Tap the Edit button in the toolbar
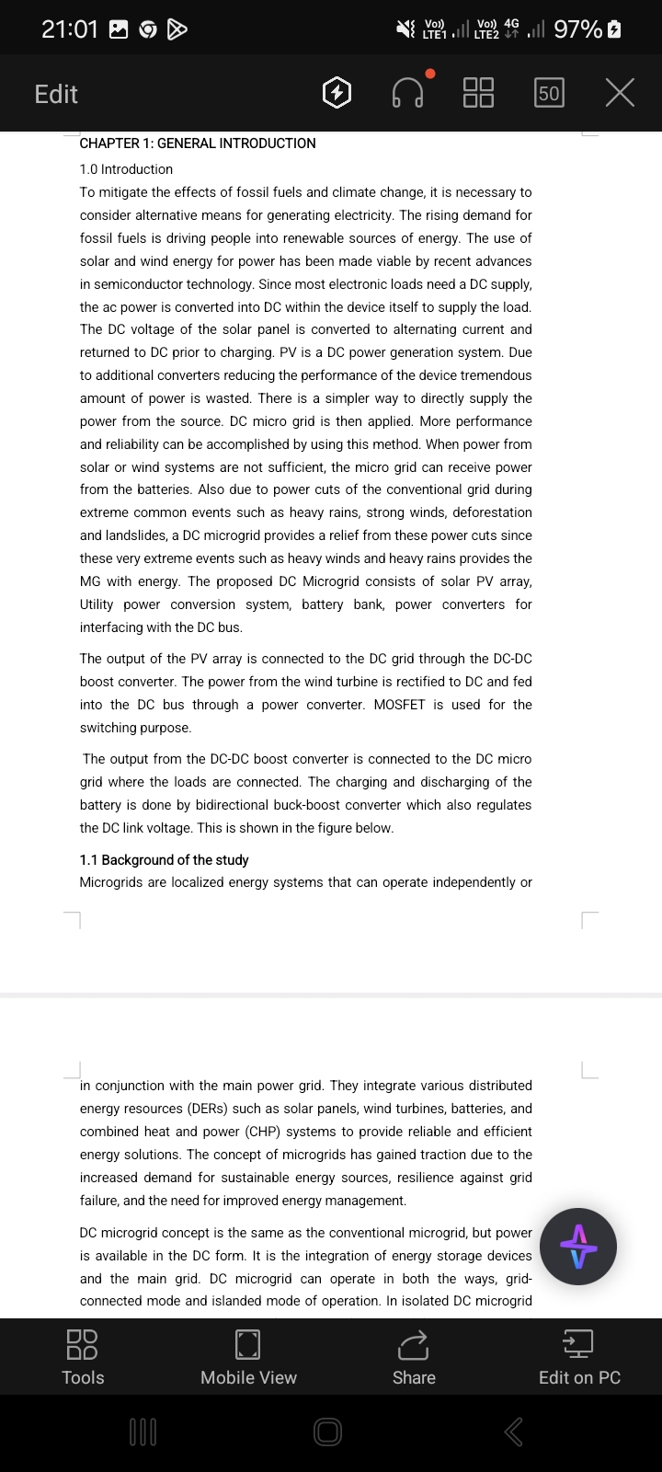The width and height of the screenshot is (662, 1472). tap(56, 94)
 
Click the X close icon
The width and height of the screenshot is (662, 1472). tap(620, 93)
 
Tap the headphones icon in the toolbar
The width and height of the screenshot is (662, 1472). tap(408, 93)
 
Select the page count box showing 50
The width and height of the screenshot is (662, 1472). tap(549, 93)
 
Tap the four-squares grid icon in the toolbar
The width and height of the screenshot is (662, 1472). tap(478, 93)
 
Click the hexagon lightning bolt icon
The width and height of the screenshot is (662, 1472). tap(337, 93)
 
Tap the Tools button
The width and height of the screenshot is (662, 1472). tap(83, 1357)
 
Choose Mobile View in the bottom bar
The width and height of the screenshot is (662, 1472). tap(248, 1357)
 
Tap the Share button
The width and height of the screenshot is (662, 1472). tap(414, 1357)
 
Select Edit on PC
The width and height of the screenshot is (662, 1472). tap(579, 1357)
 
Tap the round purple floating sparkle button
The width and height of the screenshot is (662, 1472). tap(578, 1247)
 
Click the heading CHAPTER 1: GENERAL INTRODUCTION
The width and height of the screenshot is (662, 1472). tap(198, 144)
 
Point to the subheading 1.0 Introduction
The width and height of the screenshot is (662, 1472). tap(126, 169)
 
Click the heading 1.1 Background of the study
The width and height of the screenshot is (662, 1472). tap(164, 860)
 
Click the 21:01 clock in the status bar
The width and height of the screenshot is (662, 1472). tap(70, 29)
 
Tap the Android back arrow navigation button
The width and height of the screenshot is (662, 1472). tap(514, 1432)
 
